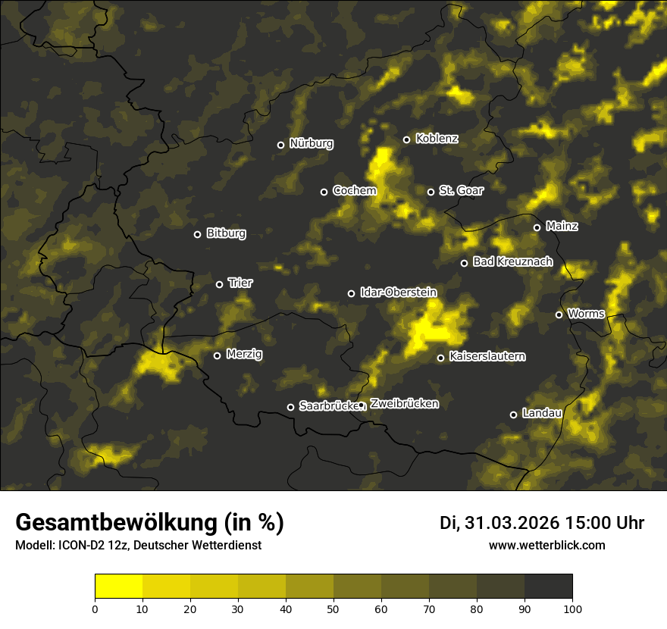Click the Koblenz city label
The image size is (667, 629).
tap(437, 139)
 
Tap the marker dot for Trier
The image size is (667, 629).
tap(220, 284)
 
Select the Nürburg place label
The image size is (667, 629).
tap(311, 144)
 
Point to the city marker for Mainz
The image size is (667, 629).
tap(537, 227)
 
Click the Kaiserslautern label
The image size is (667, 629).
tap(487, 356)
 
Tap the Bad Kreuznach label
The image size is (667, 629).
tap(512, 261)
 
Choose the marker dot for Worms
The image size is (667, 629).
tap(559, 314)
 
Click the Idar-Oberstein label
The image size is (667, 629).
tap(398, 292)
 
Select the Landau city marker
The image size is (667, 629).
tap(513, 415)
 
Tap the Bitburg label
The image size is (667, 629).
tap(226, 233)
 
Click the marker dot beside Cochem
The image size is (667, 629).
tap(324, 192)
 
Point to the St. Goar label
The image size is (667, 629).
tap(461, 191)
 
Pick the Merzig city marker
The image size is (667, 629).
tap(217, 355)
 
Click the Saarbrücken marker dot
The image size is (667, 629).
tap(290, 407)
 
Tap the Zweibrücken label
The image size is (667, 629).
tap(404, 404)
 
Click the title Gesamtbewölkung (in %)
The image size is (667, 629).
tap(149, 522)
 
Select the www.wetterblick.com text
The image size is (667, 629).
tap(546, 545)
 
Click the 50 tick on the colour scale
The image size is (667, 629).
tap(333, 608)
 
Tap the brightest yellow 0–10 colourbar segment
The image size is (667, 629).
tap(119, 587)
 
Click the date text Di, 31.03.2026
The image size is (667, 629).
tap(499, 523)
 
